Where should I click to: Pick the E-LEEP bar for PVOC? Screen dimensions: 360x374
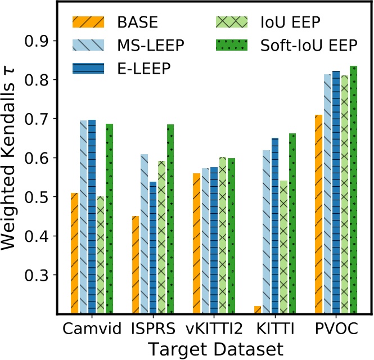pyautogui.click(x=336, y=192)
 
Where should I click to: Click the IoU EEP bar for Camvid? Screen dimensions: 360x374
pyautogui.click(x=100, y=255)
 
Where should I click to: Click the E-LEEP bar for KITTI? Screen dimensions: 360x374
pyautogui.click(x=274, y=226)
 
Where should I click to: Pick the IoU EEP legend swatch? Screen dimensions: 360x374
pyautogui.click(x=231, y=23)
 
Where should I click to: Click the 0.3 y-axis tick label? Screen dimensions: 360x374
pyautogui.click(x=38, y=275)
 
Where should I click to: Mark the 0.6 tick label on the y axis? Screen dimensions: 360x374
pyautogui.click(x=38, y=158)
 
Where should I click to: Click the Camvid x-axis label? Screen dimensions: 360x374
pyautogui.click(x=87, y=327)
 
